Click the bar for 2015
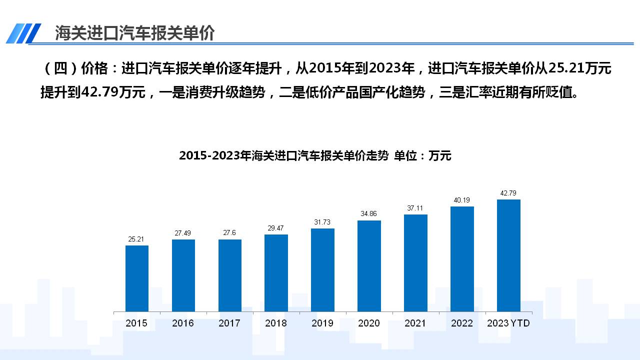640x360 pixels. pos(137,278)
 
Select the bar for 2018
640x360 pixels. pos(276,272)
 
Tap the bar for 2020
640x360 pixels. pos(369,265)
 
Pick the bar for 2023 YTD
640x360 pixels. pos(508,255)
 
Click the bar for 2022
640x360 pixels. pos(462,258)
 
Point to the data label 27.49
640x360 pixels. pos(183,233)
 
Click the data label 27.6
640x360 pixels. pos(229,233)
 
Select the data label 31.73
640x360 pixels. pos(322,222)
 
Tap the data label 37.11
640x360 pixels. pos(415,208)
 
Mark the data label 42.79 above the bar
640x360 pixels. pos(508,193)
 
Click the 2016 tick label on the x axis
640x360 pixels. pos(183,323)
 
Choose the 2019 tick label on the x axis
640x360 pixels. pos(322,323)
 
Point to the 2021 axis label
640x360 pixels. pos(415,323)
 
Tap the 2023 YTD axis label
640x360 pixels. pos(508,323)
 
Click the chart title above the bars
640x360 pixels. pos(315,156)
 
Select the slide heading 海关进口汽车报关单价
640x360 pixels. pos(134,33)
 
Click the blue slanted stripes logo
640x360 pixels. pos(23,33)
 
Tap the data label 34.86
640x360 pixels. pos(369,214)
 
